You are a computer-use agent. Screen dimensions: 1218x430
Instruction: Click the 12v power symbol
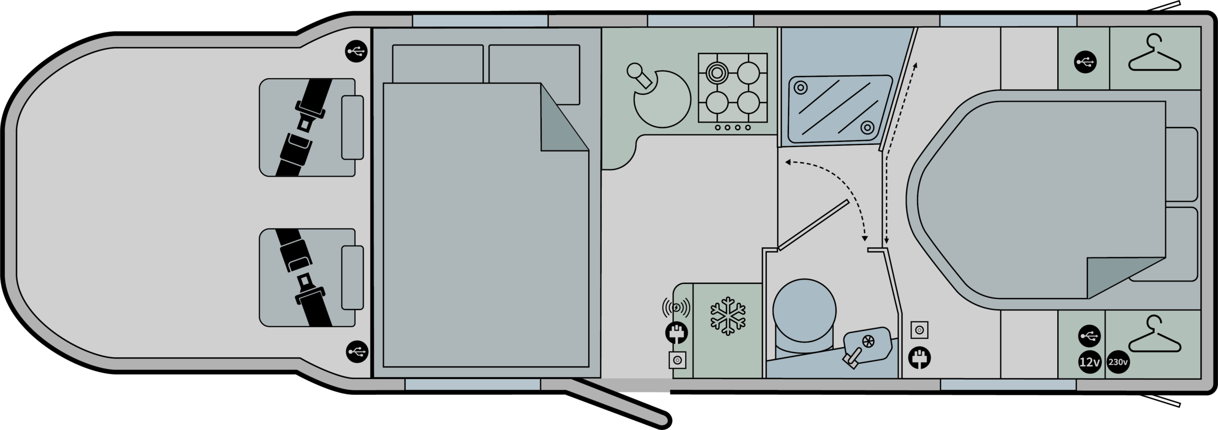(1089, 362)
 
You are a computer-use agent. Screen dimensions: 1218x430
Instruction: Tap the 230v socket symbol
(1118, 362)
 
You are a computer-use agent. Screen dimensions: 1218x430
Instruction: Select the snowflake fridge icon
(728, 316)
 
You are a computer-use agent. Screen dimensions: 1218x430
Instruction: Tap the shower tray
(840, 110)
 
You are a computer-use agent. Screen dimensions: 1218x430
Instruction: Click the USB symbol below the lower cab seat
(357, 352)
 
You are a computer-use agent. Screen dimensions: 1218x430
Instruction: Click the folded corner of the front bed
(565, 117)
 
